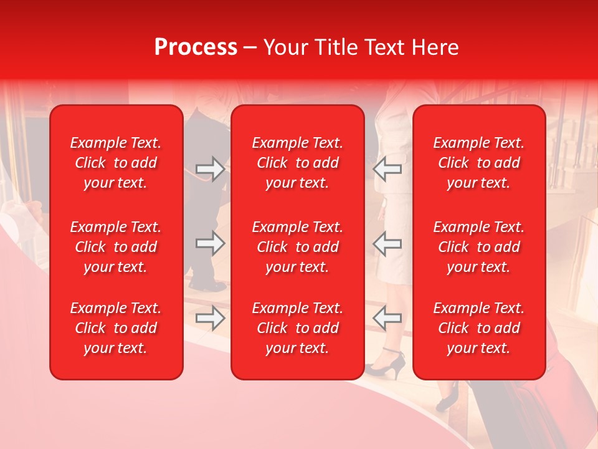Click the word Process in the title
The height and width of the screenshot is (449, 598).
[x=196, y=47]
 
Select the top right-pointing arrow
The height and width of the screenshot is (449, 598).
[x=210, y=168]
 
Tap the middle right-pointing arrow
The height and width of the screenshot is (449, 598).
[x=210, y=243]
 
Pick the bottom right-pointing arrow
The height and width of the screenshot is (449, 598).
[x=210, y=318]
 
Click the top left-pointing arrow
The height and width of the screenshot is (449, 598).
[x=387, y=168]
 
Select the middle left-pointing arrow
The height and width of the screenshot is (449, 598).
[x=387, y=243]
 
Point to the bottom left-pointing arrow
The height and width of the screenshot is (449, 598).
[x=387, y=318]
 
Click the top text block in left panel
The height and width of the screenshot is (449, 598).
[x=116, y=163]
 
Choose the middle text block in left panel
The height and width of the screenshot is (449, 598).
[x=116, y=247]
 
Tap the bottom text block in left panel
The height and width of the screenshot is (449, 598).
[x=116, y=328]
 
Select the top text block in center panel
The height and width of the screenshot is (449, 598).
[x=297, y=163]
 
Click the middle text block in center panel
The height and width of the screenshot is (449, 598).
[x=297, y=247]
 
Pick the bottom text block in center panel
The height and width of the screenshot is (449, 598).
[x=297, y=328]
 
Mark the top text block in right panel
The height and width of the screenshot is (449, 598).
[x=478, y=163]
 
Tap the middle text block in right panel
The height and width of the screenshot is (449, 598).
[x=478, y=247]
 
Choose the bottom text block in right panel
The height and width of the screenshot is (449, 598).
[x=478, y=328]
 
